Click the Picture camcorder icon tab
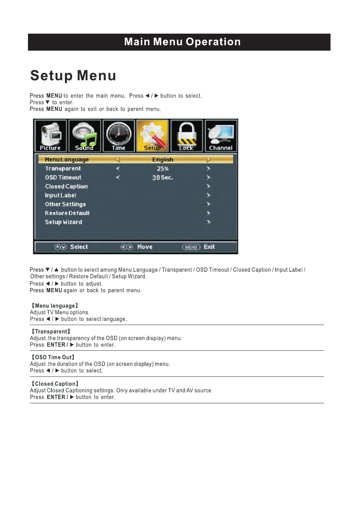50,136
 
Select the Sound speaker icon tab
84,136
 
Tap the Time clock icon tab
119,136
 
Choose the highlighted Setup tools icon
152,136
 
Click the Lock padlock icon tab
187,136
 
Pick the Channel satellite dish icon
221,136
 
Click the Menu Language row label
67,160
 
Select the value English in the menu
163,160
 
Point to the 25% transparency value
163,169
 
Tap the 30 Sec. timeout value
163,178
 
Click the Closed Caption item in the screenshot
66,186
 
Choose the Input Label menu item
60,195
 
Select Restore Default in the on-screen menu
67,213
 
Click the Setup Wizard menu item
63,222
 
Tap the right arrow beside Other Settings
209,204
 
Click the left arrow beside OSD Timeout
118,178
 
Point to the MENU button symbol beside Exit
191,247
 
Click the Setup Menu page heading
73,76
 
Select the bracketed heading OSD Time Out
53,357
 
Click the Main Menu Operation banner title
182,42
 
